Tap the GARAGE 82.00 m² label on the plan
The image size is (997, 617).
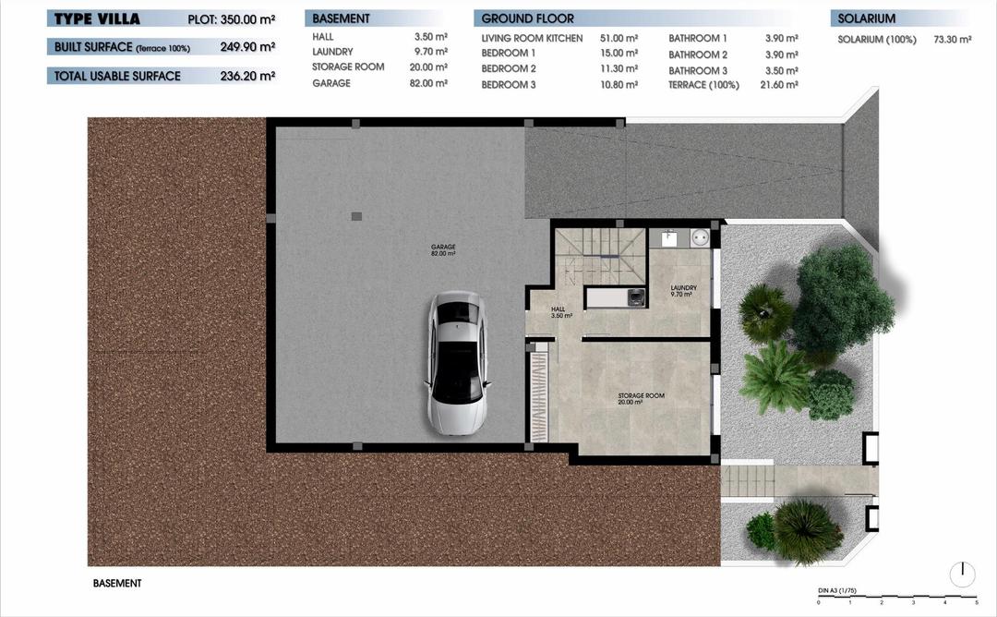tap(443, 249)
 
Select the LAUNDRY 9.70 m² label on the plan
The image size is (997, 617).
tap(683, 290)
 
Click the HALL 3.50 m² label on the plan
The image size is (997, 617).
tap(560, 312)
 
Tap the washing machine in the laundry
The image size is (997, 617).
tap(636, 296)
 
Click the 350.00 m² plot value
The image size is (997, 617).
tap(248, 18)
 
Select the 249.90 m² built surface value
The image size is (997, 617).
tap(247, 46)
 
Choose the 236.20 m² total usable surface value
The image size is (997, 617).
tap(247, 76)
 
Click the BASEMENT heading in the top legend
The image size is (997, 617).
tap(341, 18)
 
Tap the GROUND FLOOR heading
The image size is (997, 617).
tap(527, 18)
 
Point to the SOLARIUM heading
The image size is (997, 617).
tap(866, 18)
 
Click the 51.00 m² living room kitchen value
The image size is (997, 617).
tap(619, 39)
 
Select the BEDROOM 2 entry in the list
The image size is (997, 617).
tap(509, 68)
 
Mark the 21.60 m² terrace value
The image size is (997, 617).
tap(780, 84)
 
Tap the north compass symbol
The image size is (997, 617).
tap(962, 574)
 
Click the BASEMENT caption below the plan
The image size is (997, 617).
tap(117, 584)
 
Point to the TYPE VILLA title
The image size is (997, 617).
tap(97, 18)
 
